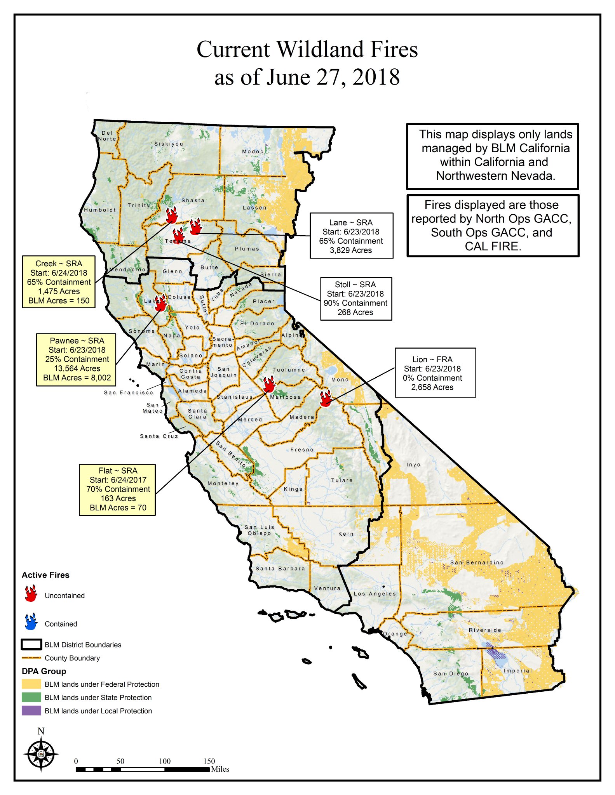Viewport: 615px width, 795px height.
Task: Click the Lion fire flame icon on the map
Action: point(326,398)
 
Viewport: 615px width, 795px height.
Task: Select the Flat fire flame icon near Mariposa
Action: point(269,385)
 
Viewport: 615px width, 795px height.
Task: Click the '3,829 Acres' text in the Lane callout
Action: point(351,250)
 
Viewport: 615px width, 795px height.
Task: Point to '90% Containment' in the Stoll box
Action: point(355,303)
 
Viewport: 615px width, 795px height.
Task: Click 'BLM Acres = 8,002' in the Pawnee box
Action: point(77,378)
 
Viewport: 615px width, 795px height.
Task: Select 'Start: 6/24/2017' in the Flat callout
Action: point(118,480)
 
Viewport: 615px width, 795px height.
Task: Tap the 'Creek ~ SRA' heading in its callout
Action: point(59,264)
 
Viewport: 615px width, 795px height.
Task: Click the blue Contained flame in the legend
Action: point(31,621)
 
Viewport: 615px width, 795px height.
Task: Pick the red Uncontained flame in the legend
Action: point(31,594)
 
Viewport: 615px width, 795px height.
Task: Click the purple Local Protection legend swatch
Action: point(31,711)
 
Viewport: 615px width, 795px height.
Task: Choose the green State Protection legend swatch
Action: point(31,697)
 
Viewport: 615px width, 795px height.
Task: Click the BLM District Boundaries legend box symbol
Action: point(31,645)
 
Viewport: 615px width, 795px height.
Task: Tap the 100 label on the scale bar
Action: point(165,761)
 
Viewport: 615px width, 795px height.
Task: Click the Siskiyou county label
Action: point(169,144)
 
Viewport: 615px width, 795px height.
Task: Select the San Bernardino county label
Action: point(477,562)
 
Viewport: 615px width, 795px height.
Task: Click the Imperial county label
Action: point(517,671)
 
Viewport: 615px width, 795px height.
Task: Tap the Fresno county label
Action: point(302,450)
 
